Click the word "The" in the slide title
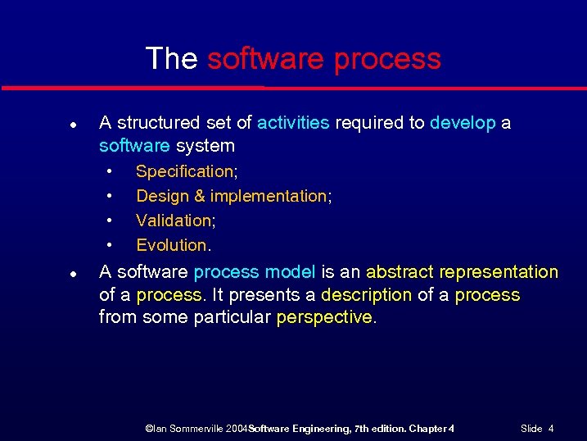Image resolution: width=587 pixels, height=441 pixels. point(171,59)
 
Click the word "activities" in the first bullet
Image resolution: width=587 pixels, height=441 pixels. point(293,123)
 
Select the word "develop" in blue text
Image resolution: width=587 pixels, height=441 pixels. point(463,123)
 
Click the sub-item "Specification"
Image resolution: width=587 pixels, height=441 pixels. point(184,171)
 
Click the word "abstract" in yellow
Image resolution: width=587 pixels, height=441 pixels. point(400,272)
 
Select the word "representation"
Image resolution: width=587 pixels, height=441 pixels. point(499,272)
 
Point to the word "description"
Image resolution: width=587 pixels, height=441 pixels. point(366,295)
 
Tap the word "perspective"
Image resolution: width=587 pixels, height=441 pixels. point(324,318)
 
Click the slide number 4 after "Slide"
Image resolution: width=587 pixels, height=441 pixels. point(551,429)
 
